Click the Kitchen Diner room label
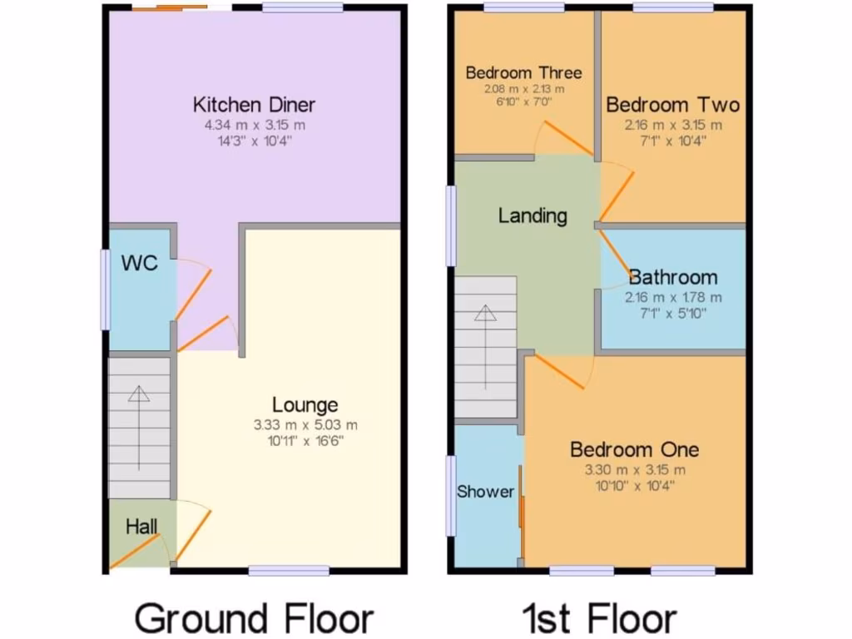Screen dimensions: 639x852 [254, 105]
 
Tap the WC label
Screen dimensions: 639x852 [139, 264]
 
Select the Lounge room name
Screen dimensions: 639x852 [305, 405]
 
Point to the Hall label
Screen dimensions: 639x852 [141, 527]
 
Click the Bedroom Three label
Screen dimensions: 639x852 [523, 72]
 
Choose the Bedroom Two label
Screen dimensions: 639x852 [672, 106]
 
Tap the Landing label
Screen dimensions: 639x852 [532, 216]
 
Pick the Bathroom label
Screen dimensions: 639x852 [673, 277]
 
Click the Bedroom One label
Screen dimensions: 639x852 [634, 450]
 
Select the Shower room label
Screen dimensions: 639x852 [486, 492]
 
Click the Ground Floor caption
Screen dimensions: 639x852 [254, 619]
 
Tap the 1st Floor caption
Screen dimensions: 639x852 [599, 619]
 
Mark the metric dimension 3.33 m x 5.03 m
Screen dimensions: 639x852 [306, 425]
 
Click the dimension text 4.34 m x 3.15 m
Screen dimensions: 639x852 [255, 126]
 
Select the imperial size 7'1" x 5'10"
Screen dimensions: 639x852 [673, 314]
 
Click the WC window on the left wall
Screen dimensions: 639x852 [106, 290]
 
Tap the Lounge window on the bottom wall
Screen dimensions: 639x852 [289, 571]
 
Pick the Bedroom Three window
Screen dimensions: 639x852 [523, 7]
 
